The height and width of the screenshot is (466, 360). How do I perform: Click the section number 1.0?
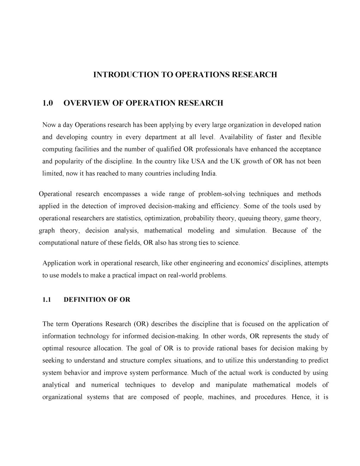coord(47,103)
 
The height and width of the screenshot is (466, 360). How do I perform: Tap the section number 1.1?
coord(47,300)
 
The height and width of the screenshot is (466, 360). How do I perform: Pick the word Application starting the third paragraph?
coord(59,263)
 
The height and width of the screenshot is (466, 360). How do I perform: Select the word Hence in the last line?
coord(301,397)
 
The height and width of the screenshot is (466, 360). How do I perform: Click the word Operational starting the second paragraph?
coord(55,194)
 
